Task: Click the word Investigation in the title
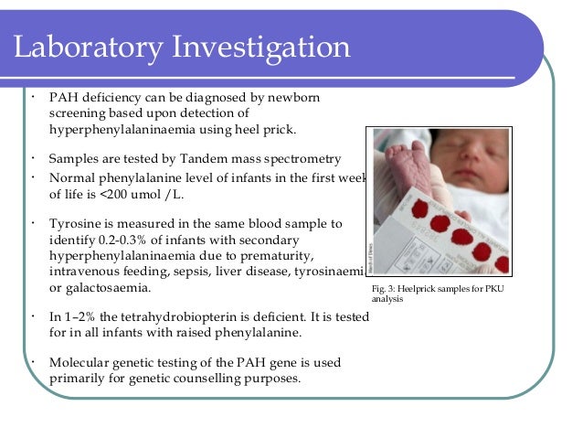pos(257,46)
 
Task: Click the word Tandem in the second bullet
pos(182,157)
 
